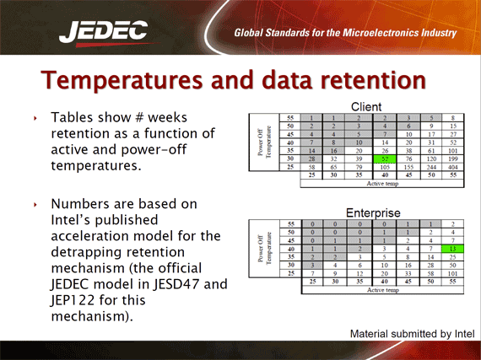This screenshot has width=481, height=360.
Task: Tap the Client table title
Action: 360,108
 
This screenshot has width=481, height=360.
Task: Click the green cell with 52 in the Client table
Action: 385,157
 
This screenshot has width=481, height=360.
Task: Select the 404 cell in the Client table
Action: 453,167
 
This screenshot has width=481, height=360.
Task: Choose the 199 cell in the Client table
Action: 453,157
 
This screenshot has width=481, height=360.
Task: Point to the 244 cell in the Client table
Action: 430,167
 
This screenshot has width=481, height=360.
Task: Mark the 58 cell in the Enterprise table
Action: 430,274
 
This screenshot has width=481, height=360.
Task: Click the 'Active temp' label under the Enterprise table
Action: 385,290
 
